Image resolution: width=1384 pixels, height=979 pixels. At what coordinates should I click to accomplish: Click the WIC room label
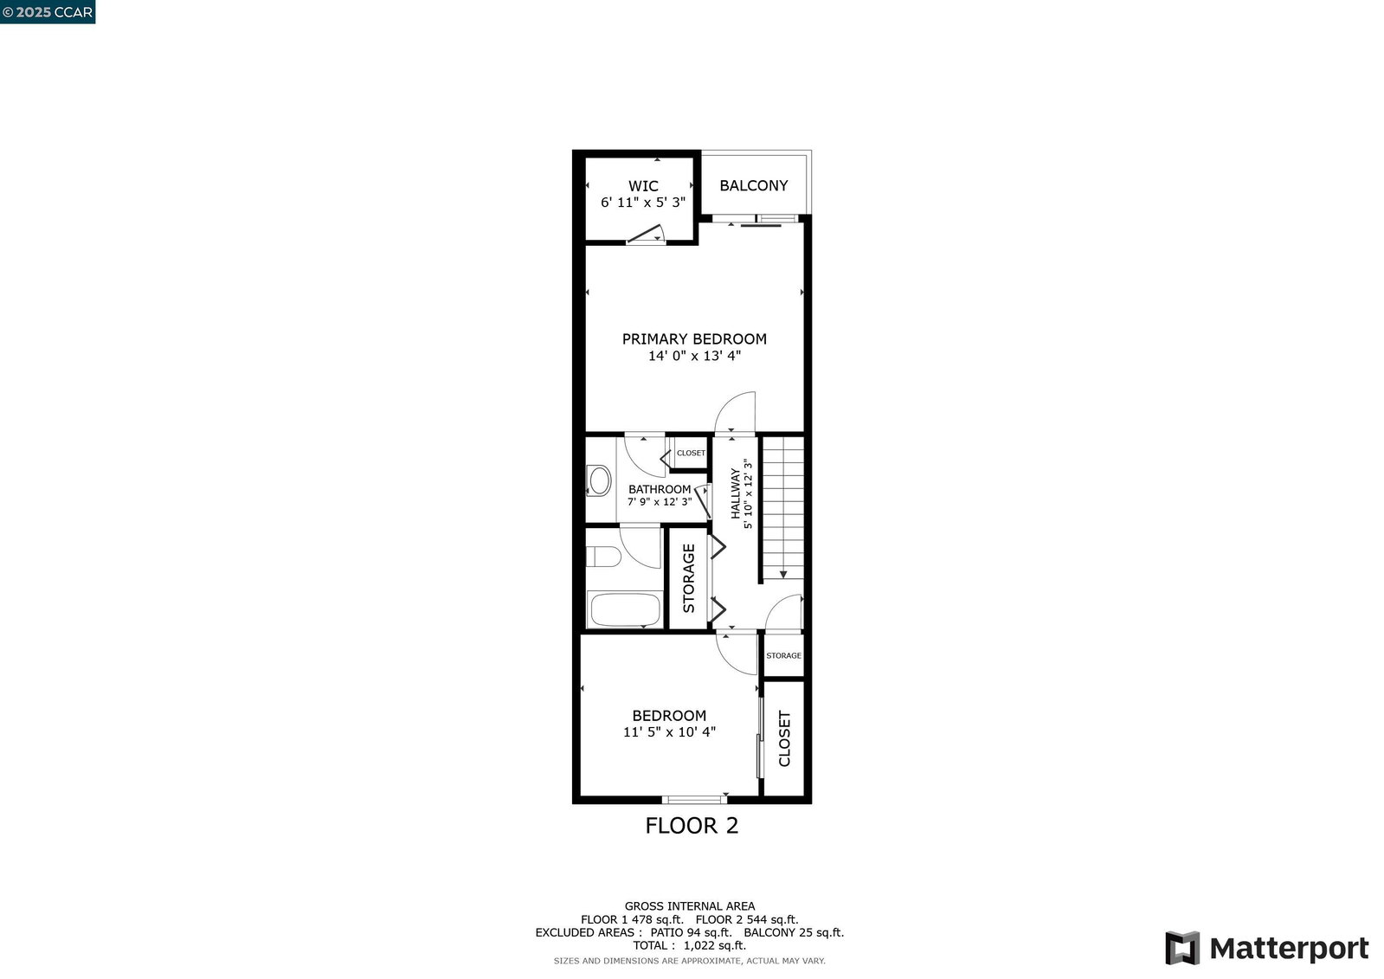pyautogui.click(x=643, y=186)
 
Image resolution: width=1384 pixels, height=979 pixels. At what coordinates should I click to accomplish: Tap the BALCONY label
pyautogui.click(x=754, y=185)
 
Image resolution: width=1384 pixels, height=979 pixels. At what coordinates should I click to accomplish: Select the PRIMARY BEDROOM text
pyautogui.click(x=694, y=338)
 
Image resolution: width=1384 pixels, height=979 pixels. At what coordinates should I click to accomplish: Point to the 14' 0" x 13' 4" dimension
pyautogui.click(x=694, y=356)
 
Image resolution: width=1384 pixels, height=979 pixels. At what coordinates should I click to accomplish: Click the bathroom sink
pyautogui.click(x=599, y=481)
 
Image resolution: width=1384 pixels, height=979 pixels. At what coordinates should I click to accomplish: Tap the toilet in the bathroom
pyautogui.click(x=603, y=557)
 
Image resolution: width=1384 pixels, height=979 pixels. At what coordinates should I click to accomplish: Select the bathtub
pyautogui.click(x=625, y=609)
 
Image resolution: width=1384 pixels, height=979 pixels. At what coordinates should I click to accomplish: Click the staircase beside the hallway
pyautogui.click(x=783, y=508)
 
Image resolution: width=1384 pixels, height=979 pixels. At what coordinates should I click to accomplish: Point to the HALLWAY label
pyautogui.click(x=735, y=493)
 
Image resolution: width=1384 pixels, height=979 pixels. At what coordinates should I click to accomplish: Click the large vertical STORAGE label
pyautogui.click(x=689, y=578)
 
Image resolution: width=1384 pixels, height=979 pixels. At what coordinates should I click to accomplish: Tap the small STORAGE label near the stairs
pyautogui.click(x=783, y=655)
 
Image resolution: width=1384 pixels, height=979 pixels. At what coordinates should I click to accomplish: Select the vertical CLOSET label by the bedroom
pyautogui.click(x=785, y=738)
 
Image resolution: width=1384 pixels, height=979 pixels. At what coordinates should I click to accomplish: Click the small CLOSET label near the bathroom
pyautogui.click(x=691, y=453)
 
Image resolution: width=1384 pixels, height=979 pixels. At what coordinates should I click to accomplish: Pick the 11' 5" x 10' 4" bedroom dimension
pyautogui.click(x=669, y=731)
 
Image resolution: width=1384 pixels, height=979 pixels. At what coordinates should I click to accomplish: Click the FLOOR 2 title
pyautogui.click(x=692, y=826)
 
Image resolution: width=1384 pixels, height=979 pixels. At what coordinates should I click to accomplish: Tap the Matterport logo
pyautogui.click(x=1266, y=948)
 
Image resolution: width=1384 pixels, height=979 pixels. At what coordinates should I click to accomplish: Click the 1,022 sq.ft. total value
pyautogui.click(x=715, y=945)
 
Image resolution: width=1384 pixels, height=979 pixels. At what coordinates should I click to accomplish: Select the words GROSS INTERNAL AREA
pyautogui.click(x=690, y=906)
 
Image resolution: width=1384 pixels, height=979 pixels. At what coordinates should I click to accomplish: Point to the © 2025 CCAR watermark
pyautogui.click(x=48, y=12)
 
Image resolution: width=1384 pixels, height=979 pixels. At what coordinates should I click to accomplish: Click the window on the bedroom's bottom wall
pyautogui.click(x=694, y=800)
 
